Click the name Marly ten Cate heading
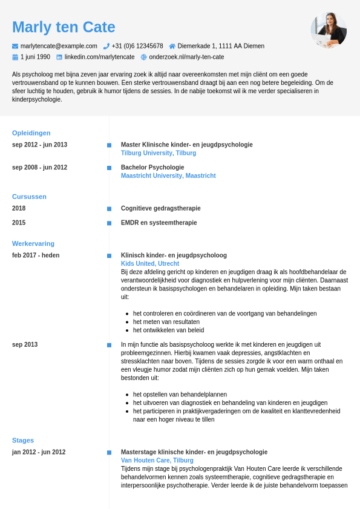(64, 27)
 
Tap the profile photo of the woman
(329, 30)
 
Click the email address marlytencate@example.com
(59, 46)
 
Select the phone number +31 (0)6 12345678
(137, 46)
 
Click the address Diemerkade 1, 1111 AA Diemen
(221, 46)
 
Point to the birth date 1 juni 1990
(35, 57)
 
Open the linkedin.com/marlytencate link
(100, 57)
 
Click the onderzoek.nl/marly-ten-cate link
(186, 57)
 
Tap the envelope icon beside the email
(15, 46)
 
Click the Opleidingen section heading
(31, 133)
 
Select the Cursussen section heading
(29, 197)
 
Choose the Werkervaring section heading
(33, 244)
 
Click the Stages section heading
(23, 441)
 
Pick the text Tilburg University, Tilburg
(159, 153)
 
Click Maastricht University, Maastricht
(168, 176)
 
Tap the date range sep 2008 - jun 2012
(39, 168)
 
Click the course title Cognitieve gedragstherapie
(160, 208)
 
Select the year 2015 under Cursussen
(19, 223)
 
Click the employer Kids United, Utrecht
(150, 264)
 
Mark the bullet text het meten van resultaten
(166, 322)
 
